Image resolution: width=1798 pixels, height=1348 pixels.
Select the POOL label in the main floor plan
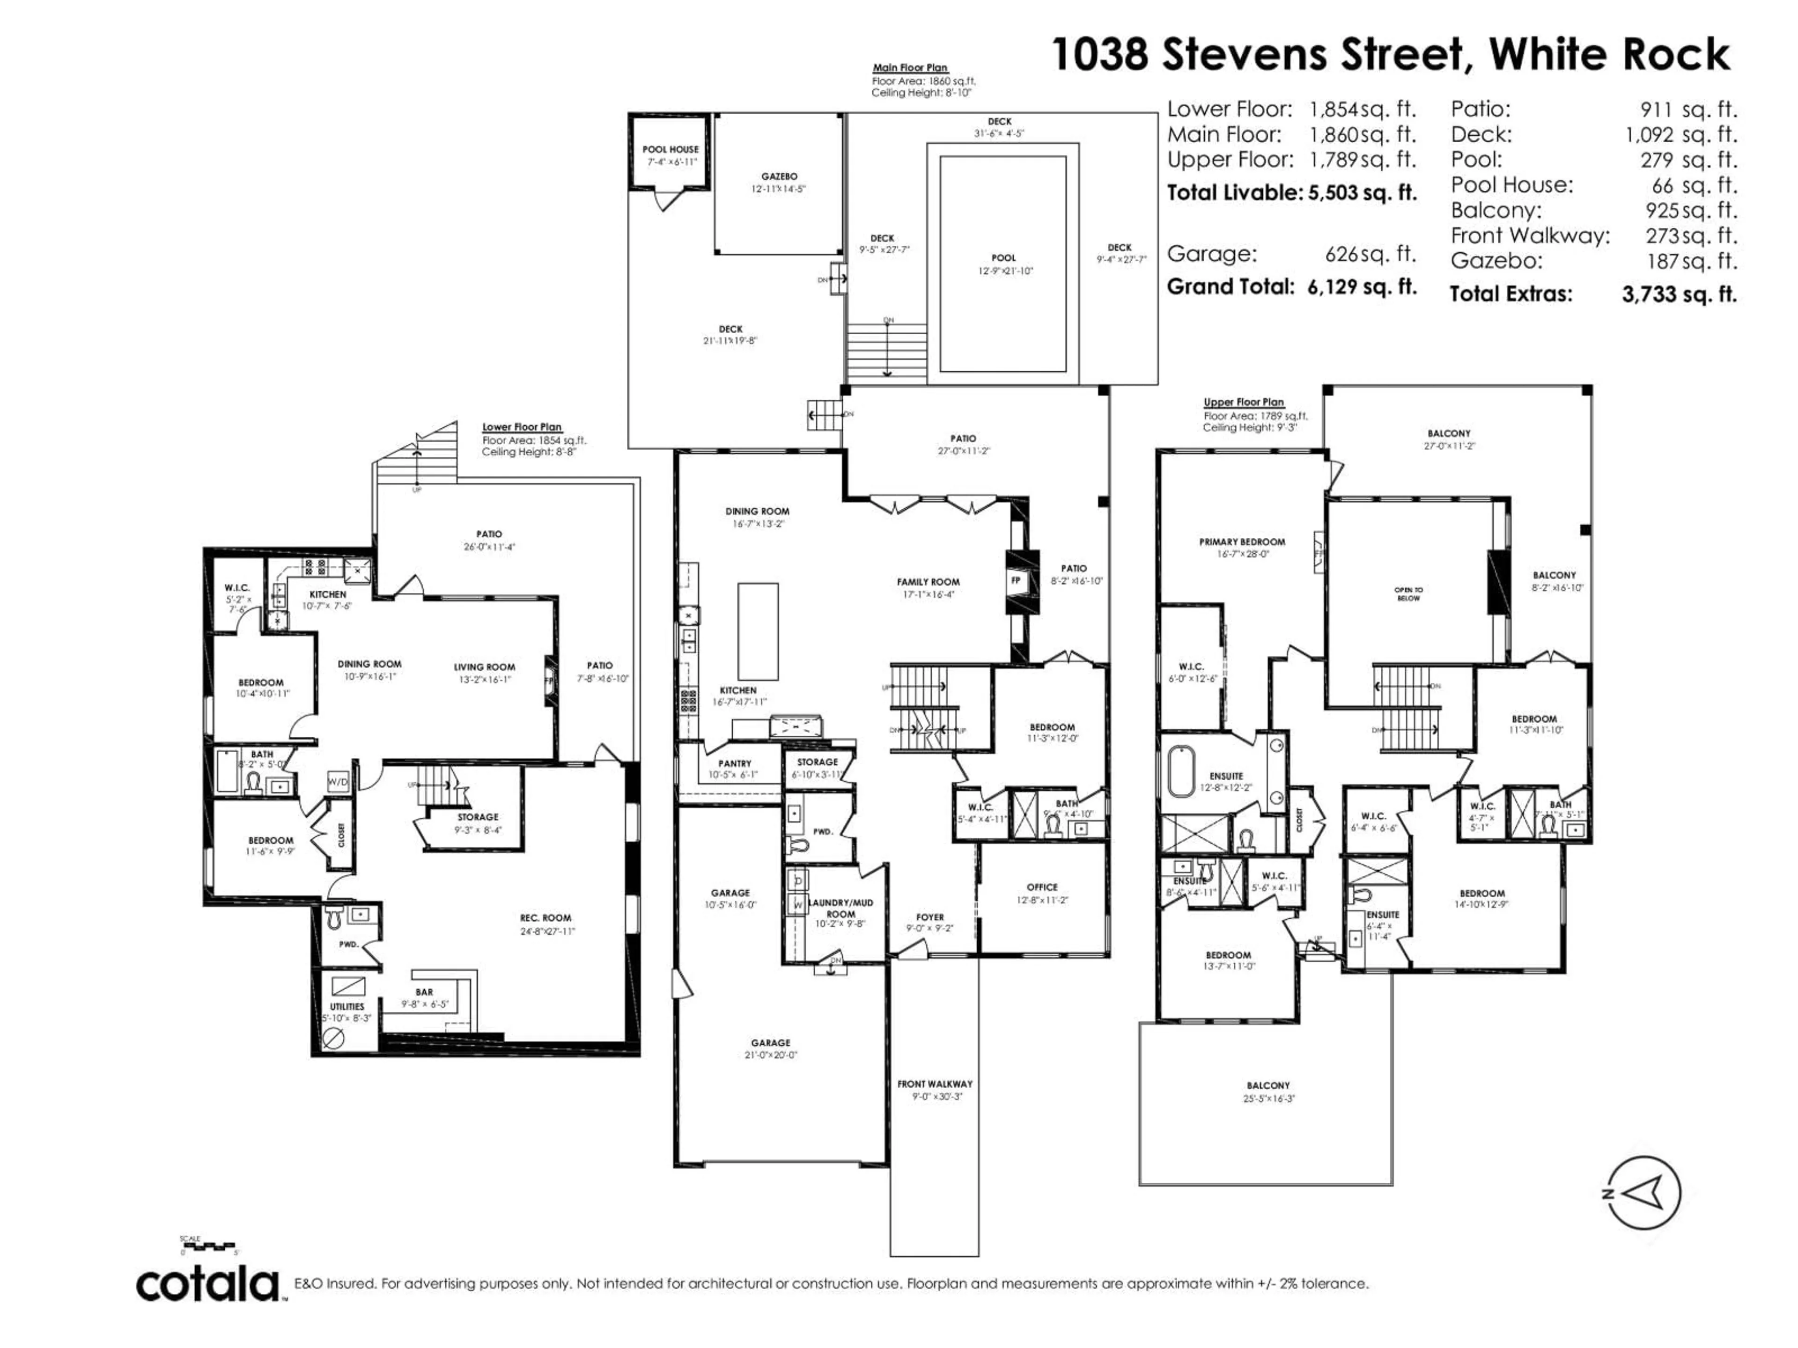1004,257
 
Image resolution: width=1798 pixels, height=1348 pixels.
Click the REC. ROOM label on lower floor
545,918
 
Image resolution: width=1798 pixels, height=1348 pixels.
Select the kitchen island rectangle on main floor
758,631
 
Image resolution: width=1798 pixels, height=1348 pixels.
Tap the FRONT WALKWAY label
934,1084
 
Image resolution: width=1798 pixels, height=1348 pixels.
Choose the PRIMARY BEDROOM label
1242,542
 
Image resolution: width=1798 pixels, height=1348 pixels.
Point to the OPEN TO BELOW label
1408,594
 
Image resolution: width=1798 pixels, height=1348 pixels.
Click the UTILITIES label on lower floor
347,1007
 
